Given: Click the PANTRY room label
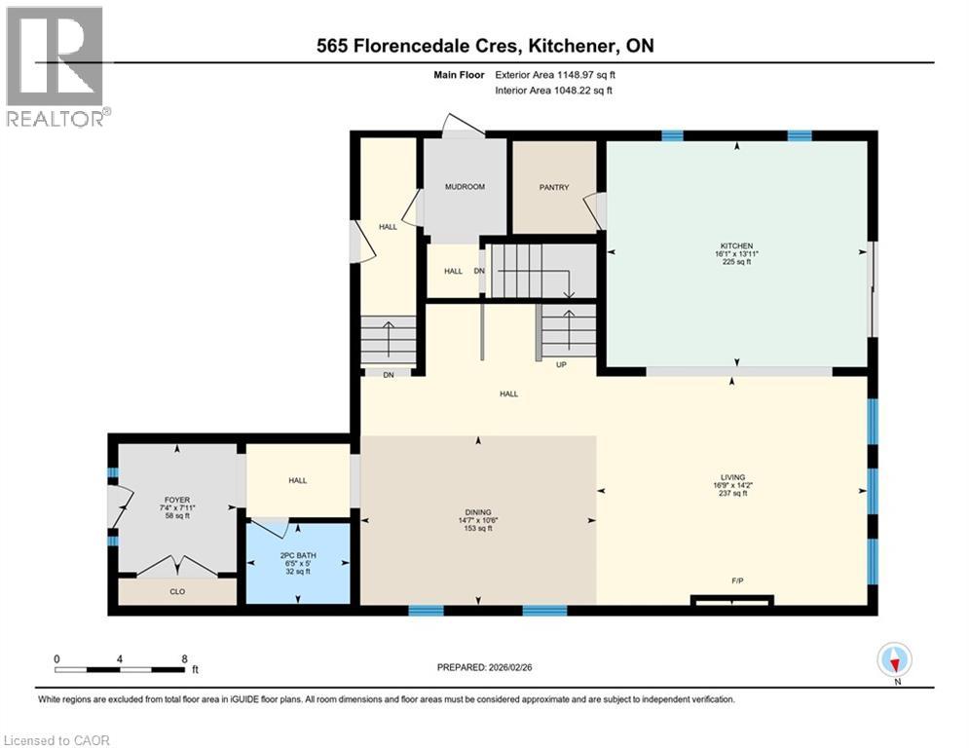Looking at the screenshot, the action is (554, 187).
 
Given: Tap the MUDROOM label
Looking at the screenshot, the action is (465, 187).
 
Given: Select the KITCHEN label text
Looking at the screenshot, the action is (736, 246).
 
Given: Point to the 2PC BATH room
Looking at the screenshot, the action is (298, 563).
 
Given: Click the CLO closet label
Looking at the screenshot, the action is (177, 591).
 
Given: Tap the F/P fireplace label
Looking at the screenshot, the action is (737, 580).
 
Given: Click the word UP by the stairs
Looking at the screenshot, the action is (561, 364).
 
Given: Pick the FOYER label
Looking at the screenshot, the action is (177, 500).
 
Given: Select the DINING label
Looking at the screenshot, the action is (478, 512).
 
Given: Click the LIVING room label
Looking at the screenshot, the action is (733, 477).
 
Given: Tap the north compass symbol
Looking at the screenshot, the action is (894, 659).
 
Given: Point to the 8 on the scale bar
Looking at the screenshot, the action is (184, 659).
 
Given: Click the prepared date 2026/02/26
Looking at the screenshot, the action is (510, 667).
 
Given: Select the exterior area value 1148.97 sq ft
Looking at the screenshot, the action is (586, 75).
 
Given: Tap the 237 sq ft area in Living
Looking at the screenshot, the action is (733, 493).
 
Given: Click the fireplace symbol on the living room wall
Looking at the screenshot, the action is (732, 600).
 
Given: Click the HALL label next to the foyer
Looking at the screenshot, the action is (298, 480).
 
